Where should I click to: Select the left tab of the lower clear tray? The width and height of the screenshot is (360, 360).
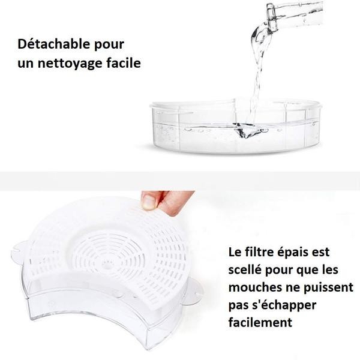click(19, 248)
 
